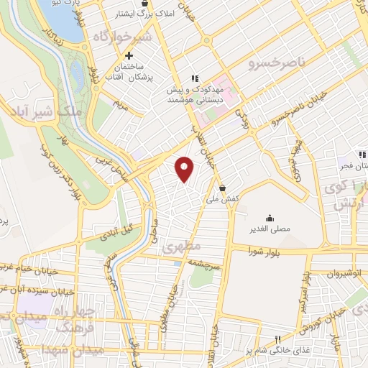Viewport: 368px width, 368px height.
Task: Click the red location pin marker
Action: click(185, 169)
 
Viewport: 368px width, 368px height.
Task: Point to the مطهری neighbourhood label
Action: click(178, 247)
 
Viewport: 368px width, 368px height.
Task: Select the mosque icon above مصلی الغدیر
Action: click(270, 218)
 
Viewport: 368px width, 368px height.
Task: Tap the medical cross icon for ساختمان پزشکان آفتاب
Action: click(129, 55)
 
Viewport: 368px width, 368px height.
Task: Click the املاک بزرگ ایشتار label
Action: click(155, 14)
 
